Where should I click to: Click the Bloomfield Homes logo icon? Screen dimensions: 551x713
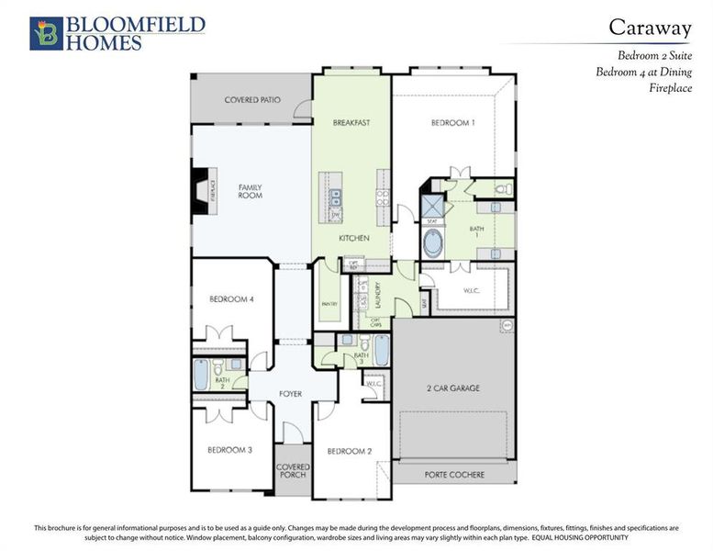[x=46, y=33]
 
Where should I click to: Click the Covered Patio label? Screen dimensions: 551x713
[x=252, y=99]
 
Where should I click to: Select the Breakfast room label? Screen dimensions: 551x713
[x=351, y=122]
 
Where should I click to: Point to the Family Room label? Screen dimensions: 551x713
[x=251, y=191]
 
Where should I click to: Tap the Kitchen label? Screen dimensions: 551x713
[x=353, y=238]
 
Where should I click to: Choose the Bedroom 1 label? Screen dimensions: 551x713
[x=452, y=123]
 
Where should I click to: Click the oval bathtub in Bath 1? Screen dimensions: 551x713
[x=433, y=244]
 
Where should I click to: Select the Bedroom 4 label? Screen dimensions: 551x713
[x=231, y=299]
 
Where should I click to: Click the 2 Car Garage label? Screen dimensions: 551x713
[x=453, y=388]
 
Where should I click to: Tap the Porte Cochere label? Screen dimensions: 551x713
[x=453, y=475]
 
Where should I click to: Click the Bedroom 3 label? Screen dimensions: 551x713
[x=229, y=449]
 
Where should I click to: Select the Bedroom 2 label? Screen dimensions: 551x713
[x=350, y=451]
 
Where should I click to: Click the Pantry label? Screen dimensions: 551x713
[x=329, y=304]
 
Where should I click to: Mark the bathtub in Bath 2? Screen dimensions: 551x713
[x=202, y=376]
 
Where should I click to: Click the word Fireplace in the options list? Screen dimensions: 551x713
[x=670, y=88]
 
